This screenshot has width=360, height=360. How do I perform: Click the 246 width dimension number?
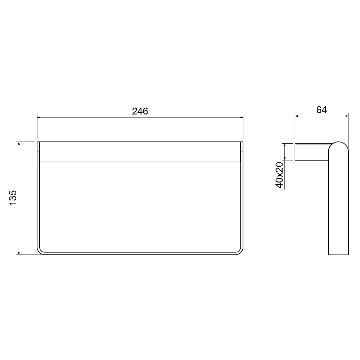pyautogui.click(x=140, y=111)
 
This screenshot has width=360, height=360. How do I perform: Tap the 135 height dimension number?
pyautogui.click(x=13, y=197)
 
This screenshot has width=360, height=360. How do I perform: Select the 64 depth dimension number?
pyautogui.click(x=321, y=110)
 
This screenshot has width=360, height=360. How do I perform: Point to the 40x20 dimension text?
pyautogui.click(x=280, y=175)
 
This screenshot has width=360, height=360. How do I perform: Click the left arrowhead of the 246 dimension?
pyautogui.click(x=39, y=117)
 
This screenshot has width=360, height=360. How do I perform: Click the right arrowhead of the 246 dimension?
pyautogui.click(x=241, y=117)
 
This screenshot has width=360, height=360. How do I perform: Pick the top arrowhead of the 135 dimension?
pyautogui.click(x=19, y=144)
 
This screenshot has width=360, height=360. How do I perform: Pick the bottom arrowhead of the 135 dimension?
pyautogui.click(x=19, y=253)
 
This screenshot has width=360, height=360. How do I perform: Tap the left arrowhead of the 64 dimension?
pyautogui.click(x=297, y=116)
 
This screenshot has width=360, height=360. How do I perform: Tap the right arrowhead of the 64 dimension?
pyautogui.click(x=347, y=116)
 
